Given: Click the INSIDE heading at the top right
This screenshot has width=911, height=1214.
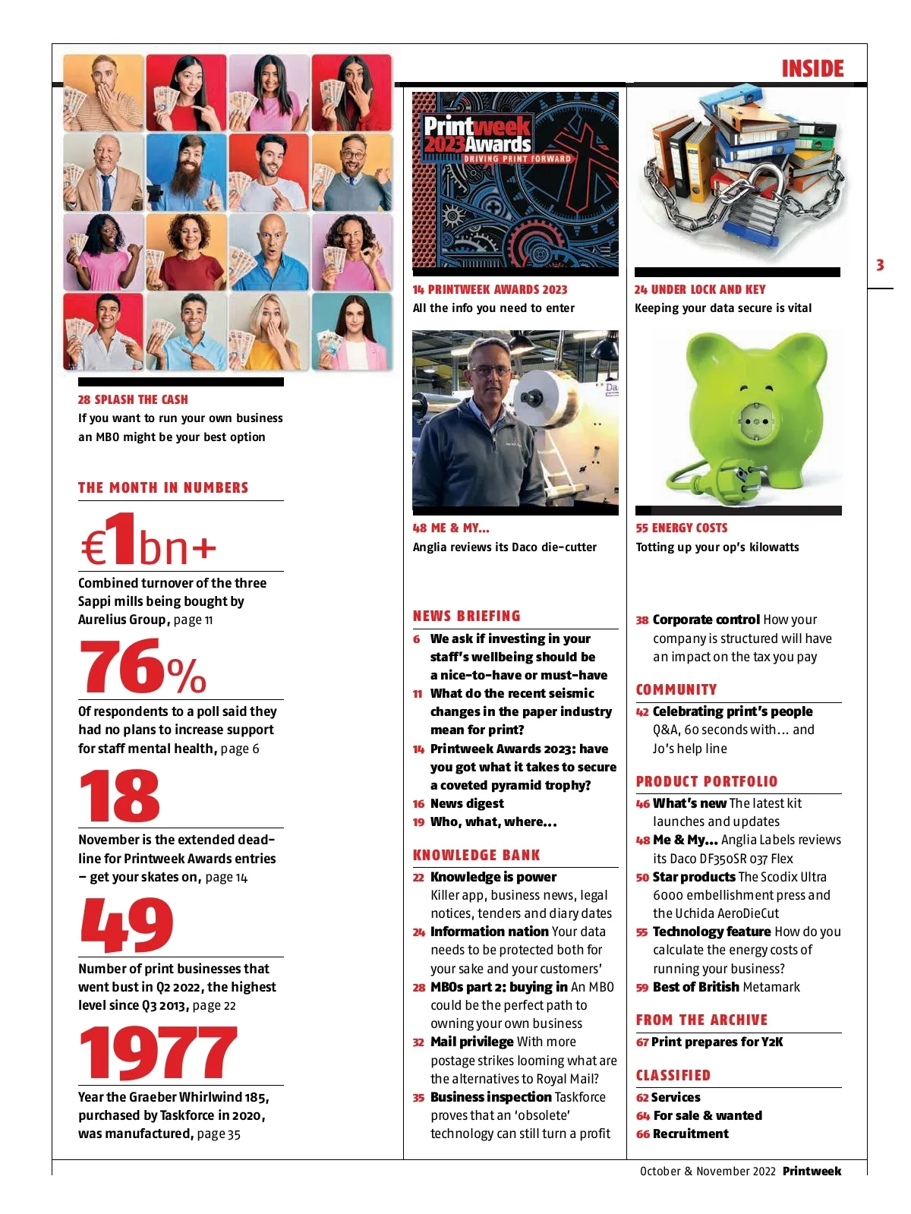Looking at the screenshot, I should [812, 69].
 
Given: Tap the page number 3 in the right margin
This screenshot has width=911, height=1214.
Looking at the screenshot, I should [880, 265].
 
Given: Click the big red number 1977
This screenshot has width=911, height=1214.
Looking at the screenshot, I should [159, 1053].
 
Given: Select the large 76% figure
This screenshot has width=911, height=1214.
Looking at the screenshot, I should [143, 667].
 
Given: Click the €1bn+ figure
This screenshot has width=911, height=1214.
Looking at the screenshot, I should [148, 541].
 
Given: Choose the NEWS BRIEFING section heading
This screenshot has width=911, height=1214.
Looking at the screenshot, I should [466, 616].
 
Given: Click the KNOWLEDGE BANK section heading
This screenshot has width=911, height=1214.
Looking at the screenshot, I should [476, 855].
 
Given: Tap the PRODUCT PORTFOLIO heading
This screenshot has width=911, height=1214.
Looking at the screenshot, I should [706, 781].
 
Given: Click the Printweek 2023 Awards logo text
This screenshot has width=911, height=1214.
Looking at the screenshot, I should [477, 134].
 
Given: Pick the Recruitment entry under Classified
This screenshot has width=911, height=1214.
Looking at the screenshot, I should [690, 1134].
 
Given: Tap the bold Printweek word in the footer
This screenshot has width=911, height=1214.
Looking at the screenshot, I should [812, 1171].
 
